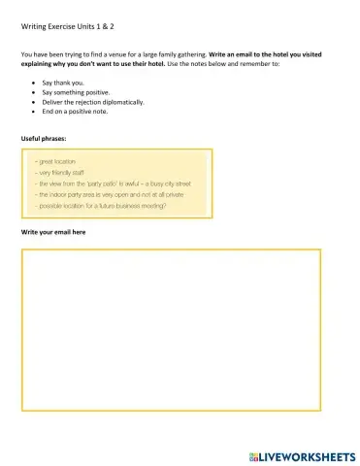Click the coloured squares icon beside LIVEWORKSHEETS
[x=253, y=454]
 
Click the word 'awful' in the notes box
[x=124, y=183]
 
